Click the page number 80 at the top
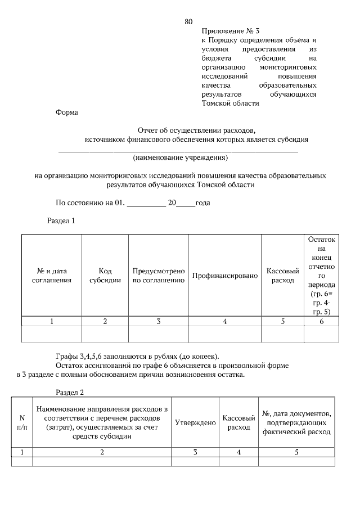coord(188,22)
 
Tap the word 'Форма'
coord(67,112)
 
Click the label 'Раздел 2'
coord(70,391)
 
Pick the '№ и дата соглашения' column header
coord(51,275)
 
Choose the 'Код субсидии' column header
coord(105,275)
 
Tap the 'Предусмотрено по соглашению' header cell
coord(159,275)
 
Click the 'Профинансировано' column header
coord(224,276)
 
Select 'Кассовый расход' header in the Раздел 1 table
coord(282,275)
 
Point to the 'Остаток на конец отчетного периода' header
coord(321,275)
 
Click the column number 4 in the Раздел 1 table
coord(224,321)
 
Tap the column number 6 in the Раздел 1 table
coord(321,321)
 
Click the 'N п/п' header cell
coord(22,422)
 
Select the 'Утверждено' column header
coord(195,422)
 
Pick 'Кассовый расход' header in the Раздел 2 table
coord(238,422)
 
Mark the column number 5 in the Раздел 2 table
coord(296,452)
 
